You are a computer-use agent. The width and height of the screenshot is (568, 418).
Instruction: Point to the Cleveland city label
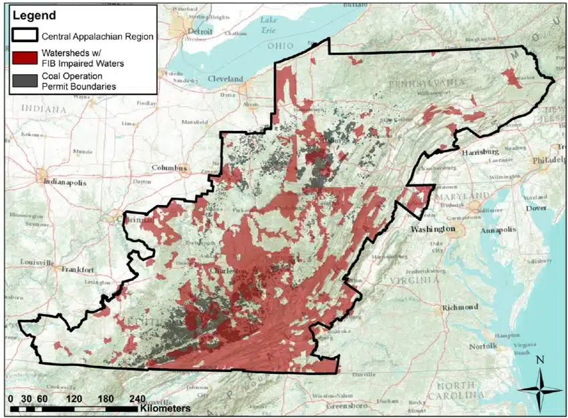[225, 79]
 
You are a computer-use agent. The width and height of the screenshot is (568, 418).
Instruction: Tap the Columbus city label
[170, 168]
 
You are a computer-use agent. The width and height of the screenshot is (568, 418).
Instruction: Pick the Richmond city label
[460, 307]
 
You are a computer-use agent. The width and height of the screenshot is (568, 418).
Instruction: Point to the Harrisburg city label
[480, 152]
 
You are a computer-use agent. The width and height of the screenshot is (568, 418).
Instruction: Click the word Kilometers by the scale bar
[165, 407]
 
